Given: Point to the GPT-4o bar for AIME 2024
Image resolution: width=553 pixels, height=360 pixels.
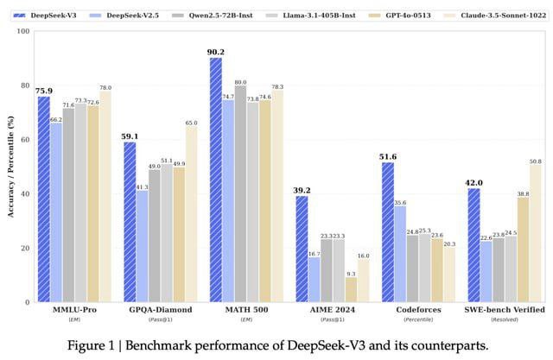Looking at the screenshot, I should (x=352, y=289).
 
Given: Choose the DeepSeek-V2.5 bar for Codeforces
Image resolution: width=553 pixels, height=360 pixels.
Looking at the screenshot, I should (x=400, y=254).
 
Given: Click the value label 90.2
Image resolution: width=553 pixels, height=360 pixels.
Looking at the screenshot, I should (x=215, y=52).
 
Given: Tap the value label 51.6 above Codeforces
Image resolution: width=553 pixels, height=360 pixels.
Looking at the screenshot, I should (x=387, y=156).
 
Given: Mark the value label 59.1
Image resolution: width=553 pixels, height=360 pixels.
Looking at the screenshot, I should (x=129, y=136).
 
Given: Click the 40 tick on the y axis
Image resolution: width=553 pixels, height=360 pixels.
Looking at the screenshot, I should (x=25, y=194).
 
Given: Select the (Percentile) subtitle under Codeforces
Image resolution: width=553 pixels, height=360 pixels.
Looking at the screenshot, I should (x=419, y=320).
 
